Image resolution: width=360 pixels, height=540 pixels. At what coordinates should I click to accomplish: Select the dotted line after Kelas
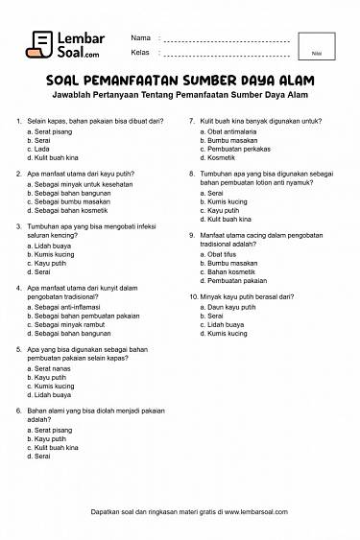click(228, 55)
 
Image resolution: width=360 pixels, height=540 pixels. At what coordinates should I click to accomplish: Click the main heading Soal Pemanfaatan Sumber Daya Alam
click(180, 82)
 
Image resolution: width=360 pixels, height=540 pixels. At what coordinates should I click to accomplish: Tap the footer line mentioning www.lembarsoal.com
click(180, 511)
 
